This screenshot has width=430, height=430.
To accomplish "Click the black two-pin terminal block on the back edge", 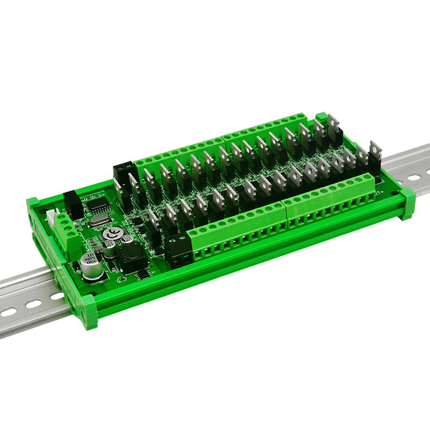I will click(x=123, y=171).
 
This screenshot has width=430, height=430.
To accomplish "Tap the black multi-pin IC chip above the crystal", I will click(x=98, y=203).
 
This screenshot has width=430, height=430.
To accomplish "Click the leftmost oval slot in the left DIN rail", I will click(x=9, y=312).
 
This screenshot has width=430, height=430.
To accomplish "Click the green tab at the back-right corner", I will click(x=321, y=118).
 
